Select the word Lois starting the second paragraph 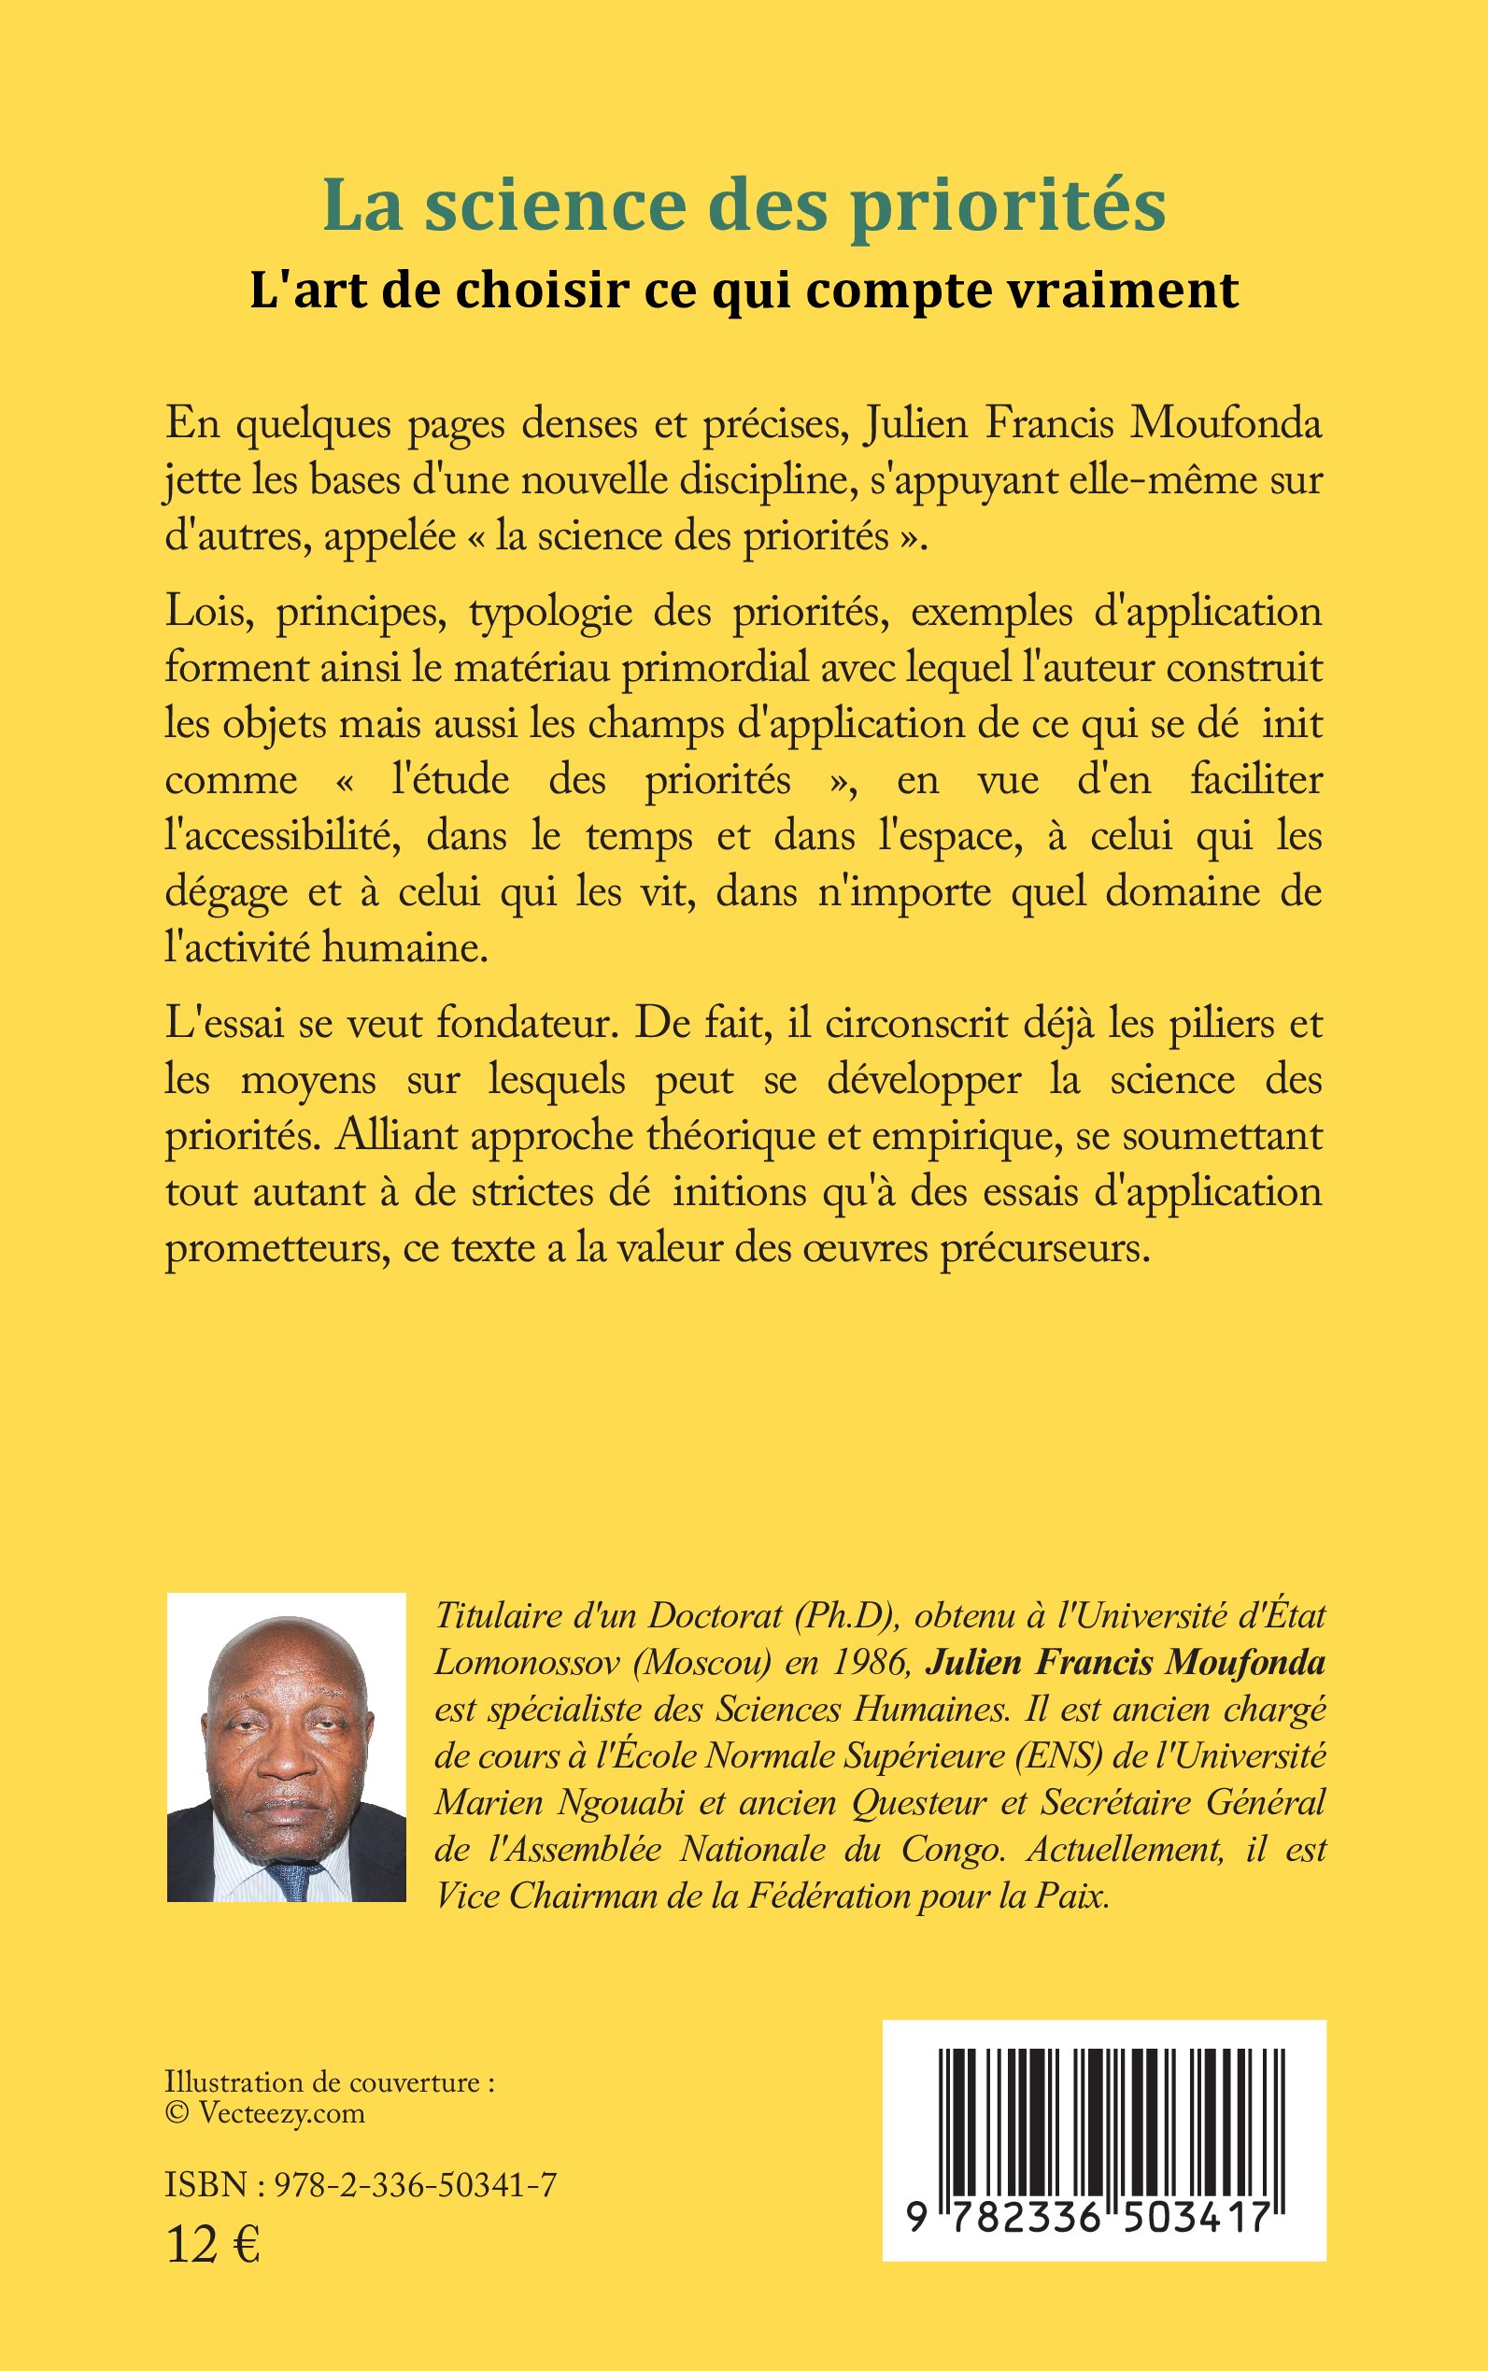pos(205,613)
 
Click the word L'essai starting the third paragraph pos(224,1025)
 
